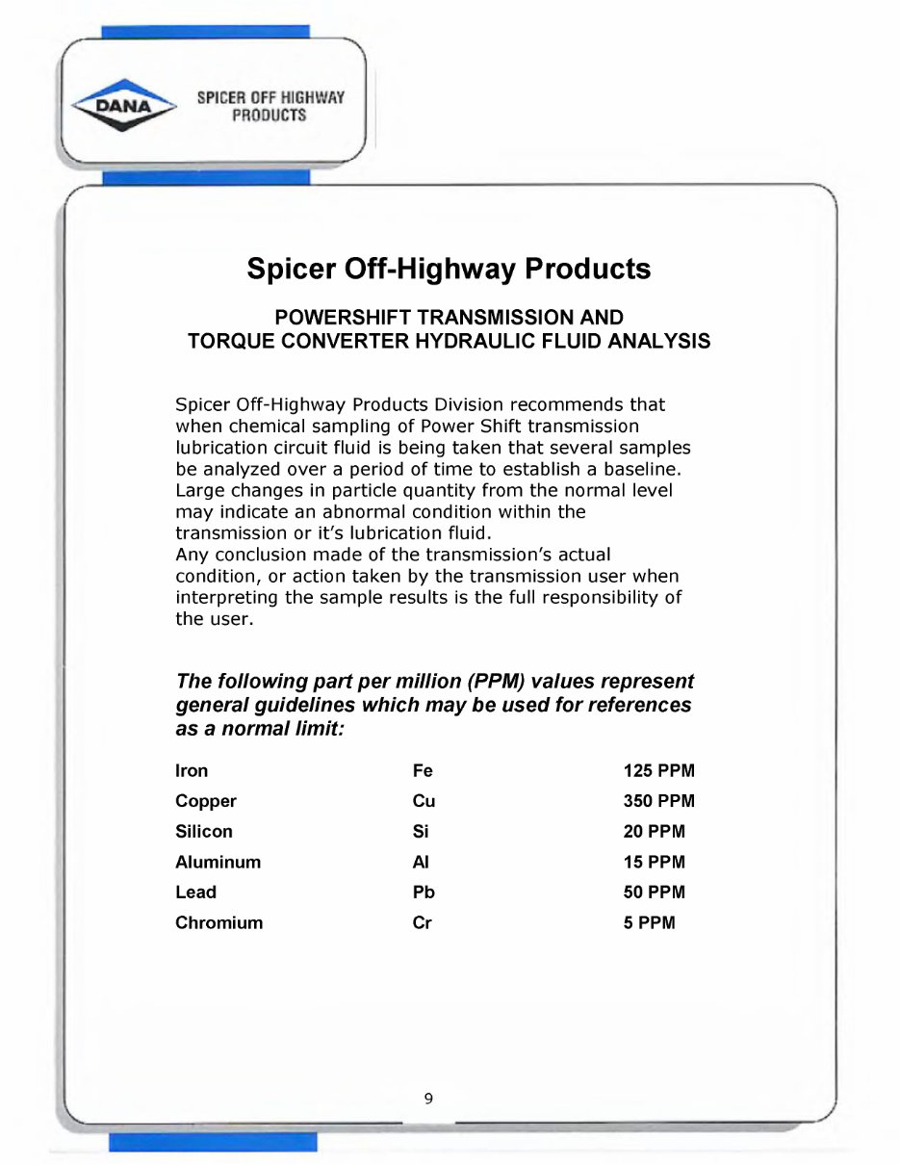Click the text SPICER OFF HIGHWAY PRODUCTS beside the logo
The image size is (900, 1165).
tap(270, 106)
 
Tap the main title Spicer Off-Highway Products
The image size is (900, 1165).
tap(449, 269)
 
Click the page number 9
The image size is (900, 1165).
tap(428, 1098)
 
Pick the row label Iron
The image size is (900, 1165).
tap(192, 771)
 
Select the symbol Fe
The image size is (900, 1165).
tap(423, 771)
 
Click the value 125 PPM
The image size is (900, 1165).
tap(658, 771)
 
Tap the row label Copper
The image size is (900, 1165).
tap(205, 801)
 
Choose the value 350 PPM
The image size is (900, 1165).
tap(658, 801)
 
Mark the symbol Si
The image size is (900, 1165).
tap(420, 832)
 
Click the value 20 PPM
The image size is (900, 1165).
tap(655, 832)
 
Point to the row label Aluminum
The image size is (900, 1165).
tap(218, 863)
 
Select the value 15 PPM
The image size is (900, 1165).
tap(655, 863)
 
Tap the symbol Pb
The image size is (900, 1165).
tap(424, 893)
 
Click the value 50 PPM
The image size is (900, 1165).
tap(655, 893)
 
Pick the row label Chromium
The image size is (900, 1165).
tap(219, 923)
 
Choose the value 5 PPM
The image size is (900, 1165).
tap(650, 923)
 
